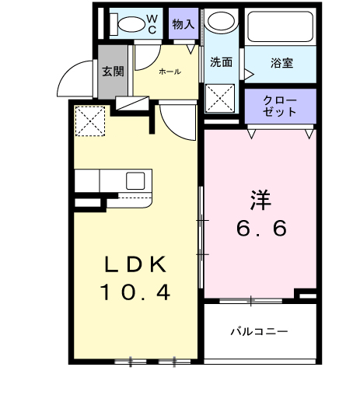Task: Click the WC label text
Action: (152, 23)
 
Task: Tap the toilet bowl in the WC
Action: (121, 23)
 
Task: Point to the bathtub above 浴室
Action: (280, 26)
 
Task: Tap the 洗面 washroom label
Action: (222, 63)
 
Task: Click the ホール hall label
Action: (169, 72)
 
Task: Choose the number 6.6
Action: (261, 229)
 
